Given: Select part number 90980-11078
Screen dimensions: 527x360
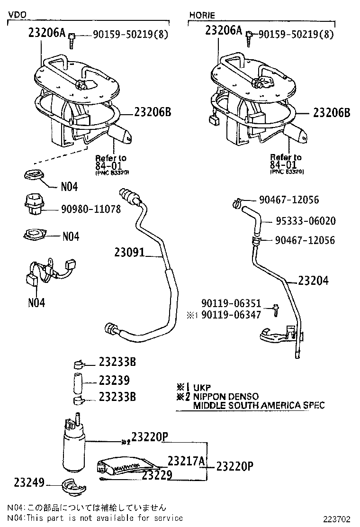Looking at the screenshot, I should (x=91, y=209).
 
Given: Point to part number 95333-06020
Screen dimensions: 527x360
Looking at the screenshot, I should (x=306, y=221).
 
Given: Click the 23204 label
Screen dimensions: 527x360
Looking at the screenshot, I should (x=313, y=281).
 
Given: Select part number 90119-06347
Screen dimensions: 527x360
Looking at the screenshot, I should (x=231, y=314).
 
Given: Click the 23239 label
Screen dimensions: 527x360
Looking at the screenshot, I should (x=114, y=380).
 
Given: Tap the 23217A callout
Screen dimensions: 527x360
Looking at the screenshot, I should (x=185, y=461).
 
